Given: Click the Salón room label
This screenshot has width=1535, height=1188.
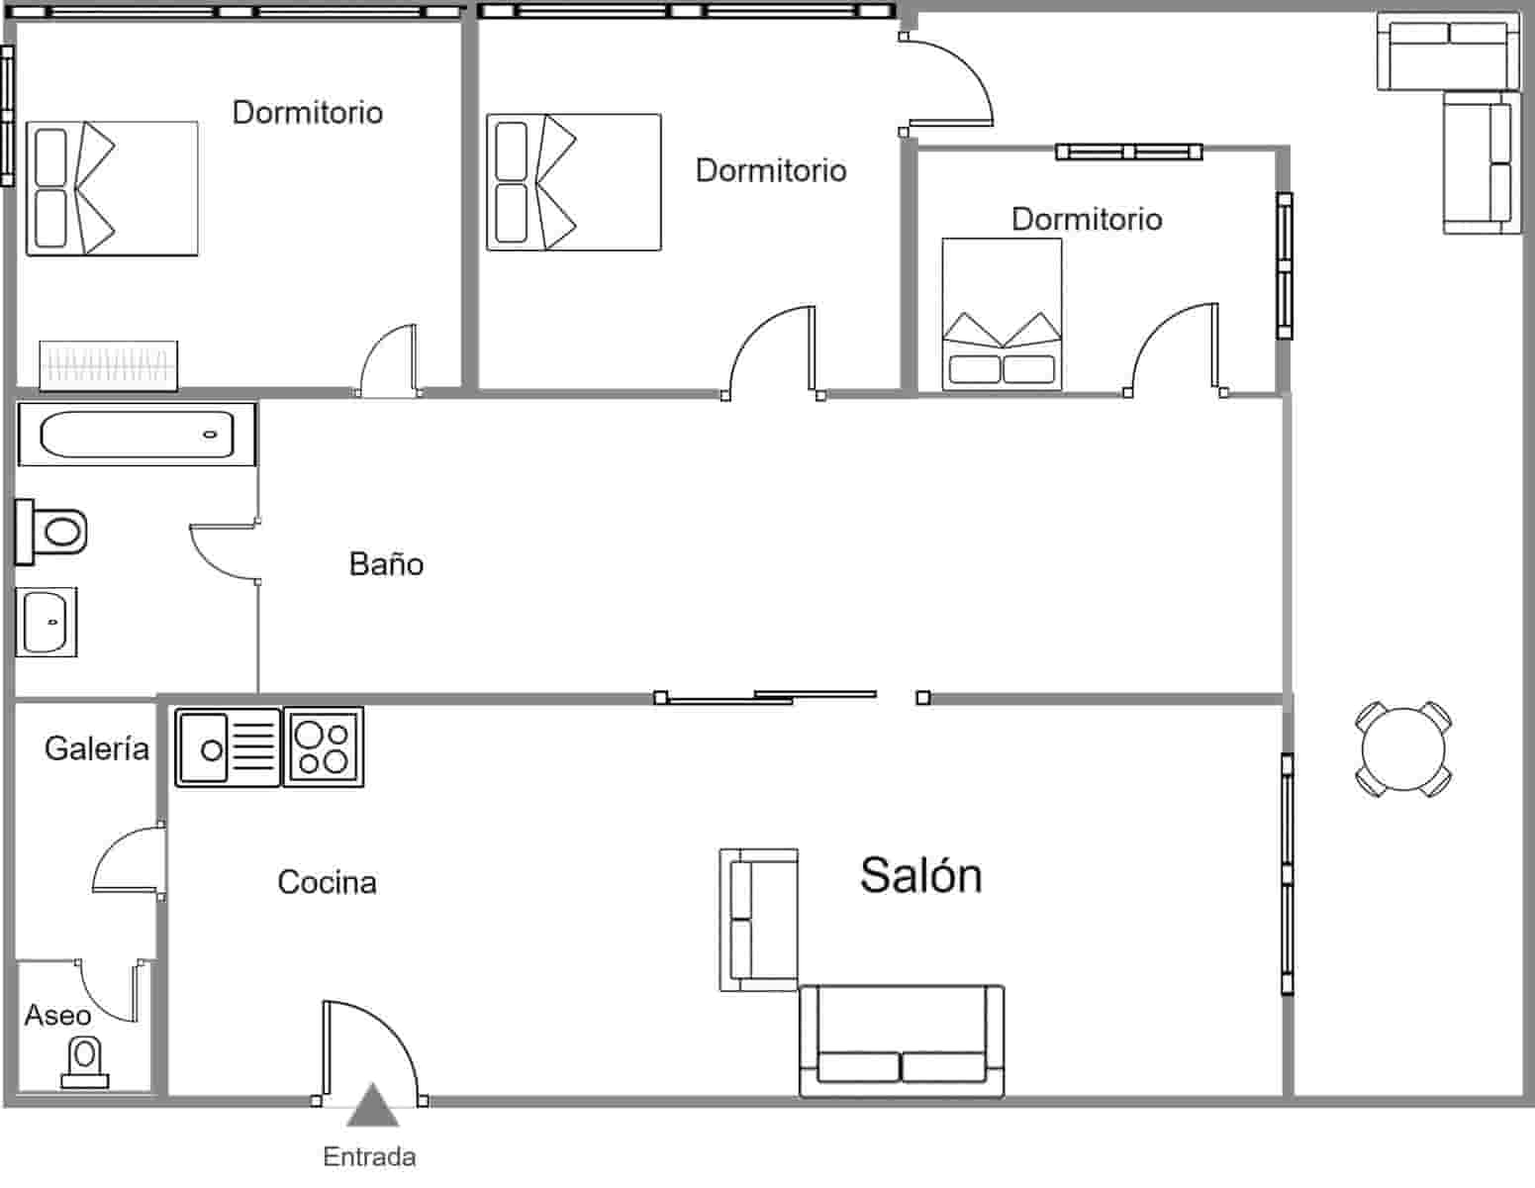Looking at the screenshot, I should [x=920, y=875].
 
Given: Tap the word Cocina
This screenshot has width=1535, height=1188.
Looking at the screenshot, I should [x=327, y=882].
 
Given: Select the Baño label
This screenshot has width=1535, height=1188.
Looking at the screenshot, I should [x=386, y=564].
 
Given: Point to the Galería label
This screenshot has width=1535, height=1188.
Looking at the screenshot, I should [x=96, y=748].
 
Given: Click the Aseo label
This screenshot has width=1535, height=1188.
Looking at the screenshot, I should [x=57, y=1015].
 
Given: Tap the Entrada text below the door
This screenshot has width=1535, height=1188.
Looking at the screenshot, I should [x=369, y=1156].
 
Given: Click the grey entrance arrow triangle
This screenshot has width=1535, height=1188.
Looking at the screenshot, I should [x=372, y=1108].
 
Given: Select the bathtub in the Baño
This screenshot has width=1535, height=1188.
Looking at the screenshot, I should [x=137, y=434].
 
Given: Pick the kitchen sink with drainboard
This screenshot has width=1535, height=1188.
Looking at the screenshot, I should [x=228, y=747].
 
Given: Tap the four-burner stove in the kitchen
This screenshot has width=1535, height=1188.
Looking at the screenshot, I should [x=324, y=747].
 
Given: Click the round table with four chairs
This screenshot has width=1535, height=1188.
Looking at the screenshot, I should [x=1402, y=747].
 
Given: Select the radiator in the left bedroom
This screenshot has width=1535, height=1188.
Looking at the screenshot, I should [x=109, y=363].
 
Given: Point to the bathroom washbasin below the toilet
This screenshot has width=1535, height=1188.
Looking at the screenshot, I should [x=46, y=622].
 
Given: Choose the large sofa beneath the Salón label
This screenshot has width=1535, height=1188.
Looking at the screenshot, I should [x=902, y=1041].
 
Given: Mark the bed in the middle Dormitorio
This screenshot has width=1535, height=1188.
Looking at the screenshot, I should [x=573, y=182].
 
